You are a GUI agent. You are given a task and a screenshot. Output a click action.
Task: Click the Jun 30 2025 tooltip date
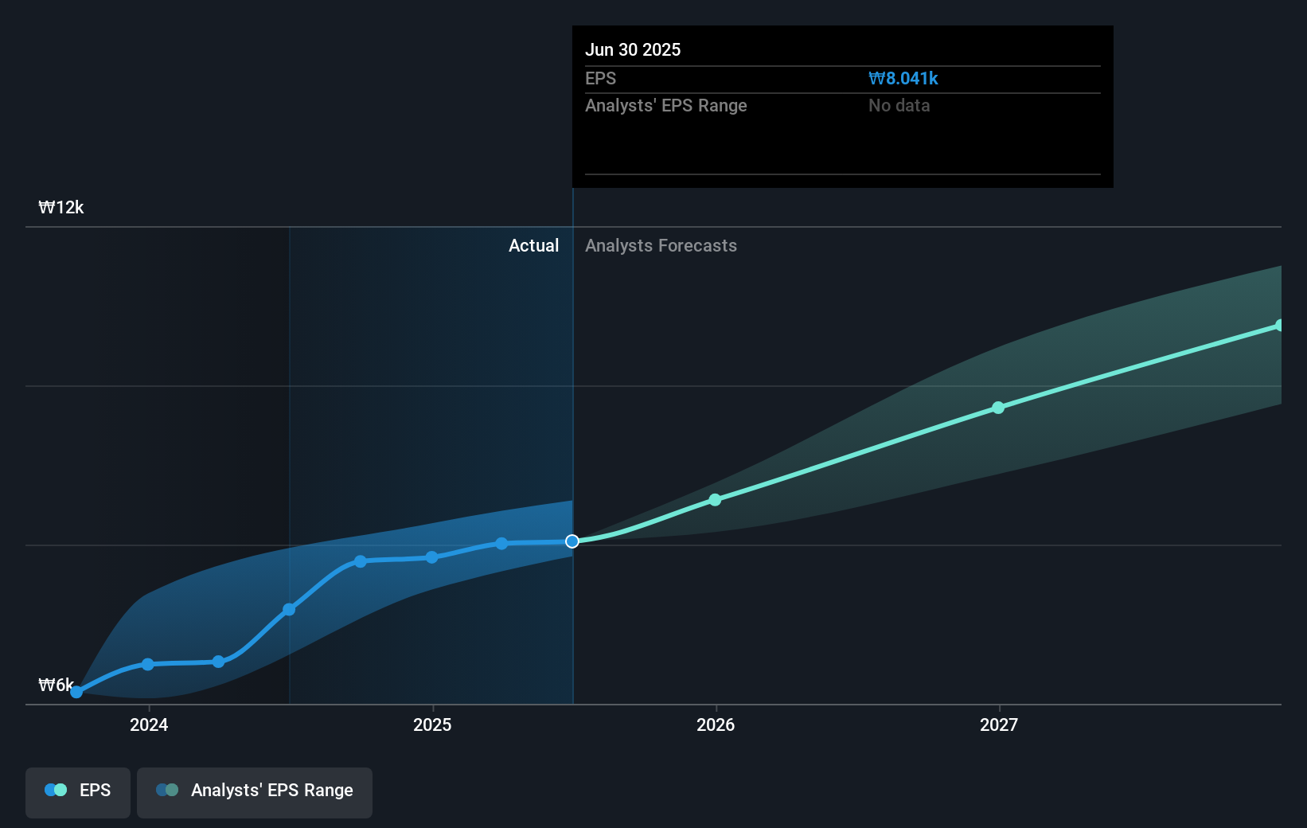tap(633, 49)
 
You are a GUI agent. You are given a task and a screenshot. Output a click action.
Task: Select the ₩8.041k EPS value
tap(903, 78)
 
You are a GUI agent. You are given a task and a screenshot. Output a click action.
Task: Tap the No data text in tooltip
tap(899, 105)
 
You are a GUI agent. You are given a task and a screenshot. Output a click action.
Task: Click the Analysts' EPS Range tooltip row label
tap(665, 105)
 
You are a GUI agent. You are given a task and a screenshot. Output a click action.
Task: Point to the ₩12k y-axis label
tap(60, 207)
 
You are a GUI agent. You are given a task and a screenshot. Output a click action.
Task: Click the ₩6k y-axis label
tap(55, 685)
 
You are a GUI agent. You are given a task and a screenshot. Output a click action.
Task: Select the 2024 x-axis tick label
tap(149, 724)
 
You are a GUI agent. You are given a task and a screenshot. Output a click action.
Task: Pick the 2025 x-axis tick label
tap(432, 724)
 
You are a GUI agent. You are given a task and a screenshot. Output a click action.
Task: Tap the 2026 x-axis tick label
tap(716, 724)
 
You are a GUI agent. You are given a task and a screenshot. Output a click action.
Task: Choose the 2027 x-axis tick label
tap(999, 724)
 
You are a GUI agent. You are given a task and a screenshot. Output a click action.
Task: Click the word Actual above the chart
tap(533, 245)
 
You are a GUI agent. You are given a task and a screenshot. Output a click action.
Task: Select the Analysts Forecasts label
tap(661, 245)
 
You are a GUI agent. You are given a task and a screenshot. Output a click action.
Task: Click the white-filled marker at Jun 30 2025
tap(572, 541)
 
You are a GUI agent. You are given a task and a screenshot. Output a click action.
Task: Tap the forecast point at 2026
tap(715, 500)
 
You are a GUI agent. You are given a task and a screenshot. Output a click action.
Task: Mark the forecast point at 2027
tap(998, 408)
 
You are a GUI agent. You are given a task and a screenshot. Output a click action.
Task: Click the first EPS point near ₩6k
tap(76, 692)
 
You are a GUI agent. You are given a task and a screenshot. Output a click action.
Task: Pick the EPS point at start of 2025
tap(432, 557)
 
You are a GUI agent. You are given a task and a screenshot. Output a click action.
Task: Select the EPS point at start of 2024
tap(148, 664)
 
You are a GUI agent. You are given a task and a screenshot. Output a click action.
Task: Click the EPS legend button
tap(78, 791)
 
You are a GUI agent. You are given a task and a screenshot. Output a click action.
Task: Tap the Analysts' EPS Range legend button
tap(255, 791)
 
